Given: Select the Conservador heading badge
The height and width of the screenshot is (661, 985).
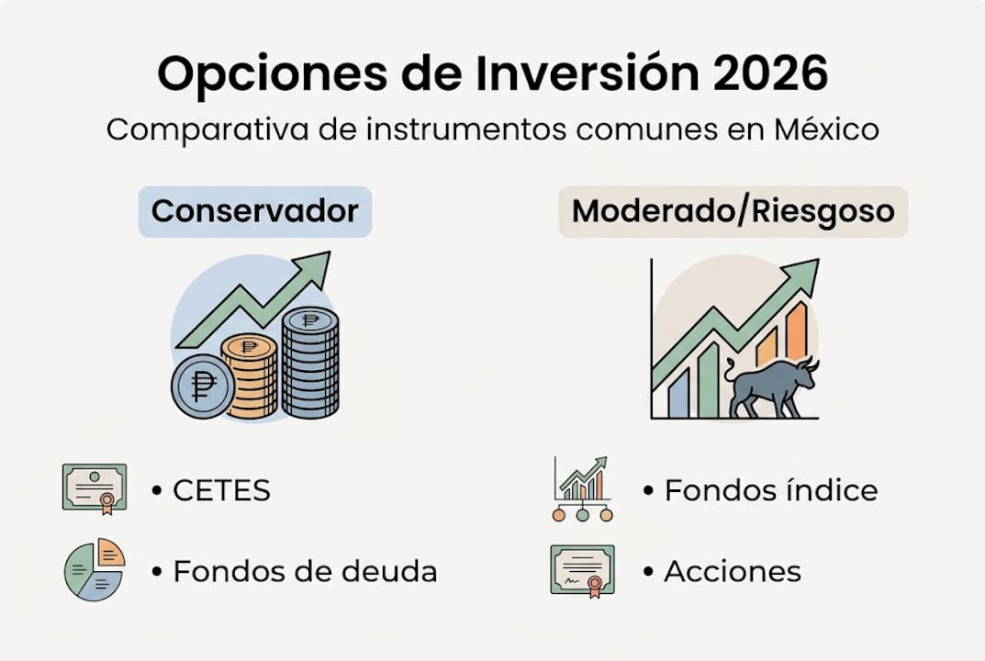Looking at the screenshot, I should click(x=254, y=211).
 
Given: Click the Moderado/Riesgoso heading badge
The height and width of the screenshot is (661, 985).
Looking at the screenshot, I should click(x=733, y=211).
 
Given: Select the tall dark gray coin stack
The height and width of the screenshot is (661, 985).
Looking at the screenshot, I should click(x=309, y=363).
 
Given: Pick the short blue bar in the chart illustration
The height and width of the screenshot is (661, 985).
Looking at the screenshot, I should click(x=677, y=392).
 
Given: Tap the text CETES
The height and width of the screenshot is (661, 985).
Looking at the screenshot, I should click(x=221, y=490).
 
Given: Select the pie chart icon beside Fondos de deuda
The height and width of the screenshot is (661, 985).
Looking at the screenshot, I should click(x=94, y=570).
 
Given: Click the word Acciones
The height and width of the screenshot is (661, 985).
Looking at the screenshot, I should click(x=733, y=572).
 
